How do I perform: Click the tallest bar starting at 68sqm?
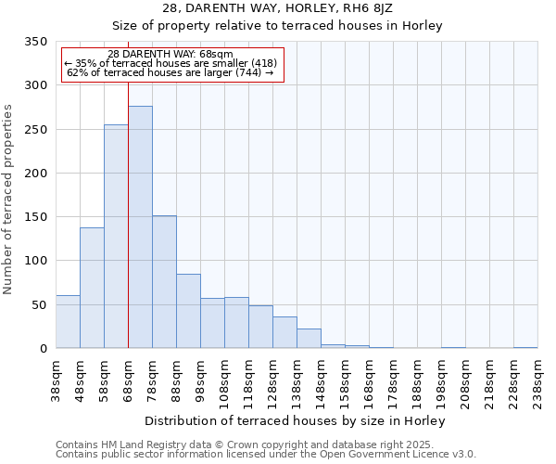coord(140,227)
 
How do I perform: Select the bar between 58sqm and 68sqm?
coord(116,237)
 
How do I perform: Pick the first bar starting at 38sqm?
coord(68,322)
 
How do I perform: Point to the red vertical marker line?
coord(128,186)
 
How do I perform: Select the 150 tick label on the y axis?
coord(36,217)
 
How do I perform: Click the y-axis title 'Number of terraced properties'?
coord(9,200)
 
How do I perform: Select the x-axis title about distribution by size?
coord(297,420)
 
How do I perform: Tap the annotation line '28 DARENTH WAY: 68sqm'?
coord(171,54)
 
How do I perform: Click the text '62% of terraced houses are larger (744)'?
coord(171,72)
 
